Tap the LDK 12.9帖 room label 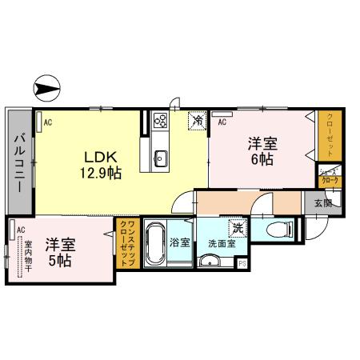[x=100, y=163]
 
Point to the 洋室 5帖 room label [x=58, y=253]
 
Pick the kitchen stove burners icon [x=160, y=122]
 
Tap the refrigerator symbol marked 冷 [x=197, y=120]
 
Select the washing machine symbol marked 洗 [x=237, y=229]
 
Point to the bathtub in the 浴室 [x=157, y=242]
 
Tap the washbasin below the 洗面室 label [x=211, y=261]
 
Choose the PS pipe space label [x=242, y=262]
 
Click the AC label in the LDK [x=47, y=122]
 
